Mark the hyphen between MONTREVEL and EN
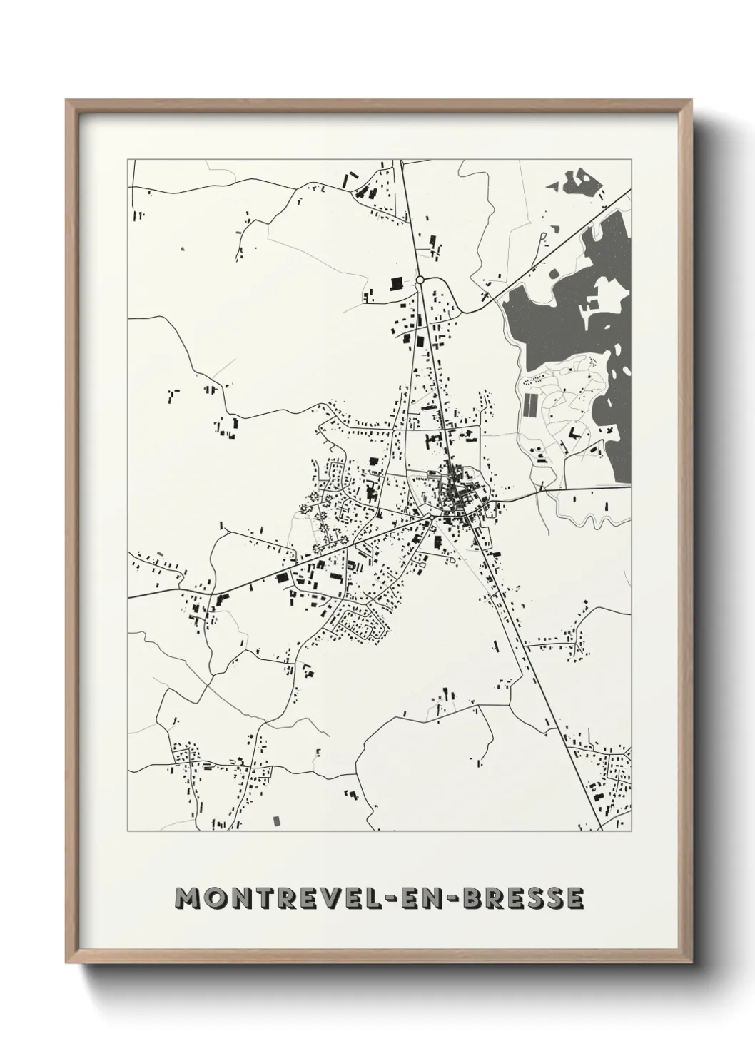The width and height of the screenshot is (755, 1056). coord(411,899)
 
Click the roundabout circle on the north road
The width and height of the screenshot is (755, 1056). coord(420,280)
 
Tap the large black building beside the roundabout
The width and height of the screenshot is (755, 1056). coord(395,284)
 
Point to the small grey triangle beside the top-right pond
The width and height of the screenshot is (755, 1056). coord(553,185)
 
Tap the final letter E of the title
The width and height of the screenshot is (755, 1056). coord(575,898)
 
